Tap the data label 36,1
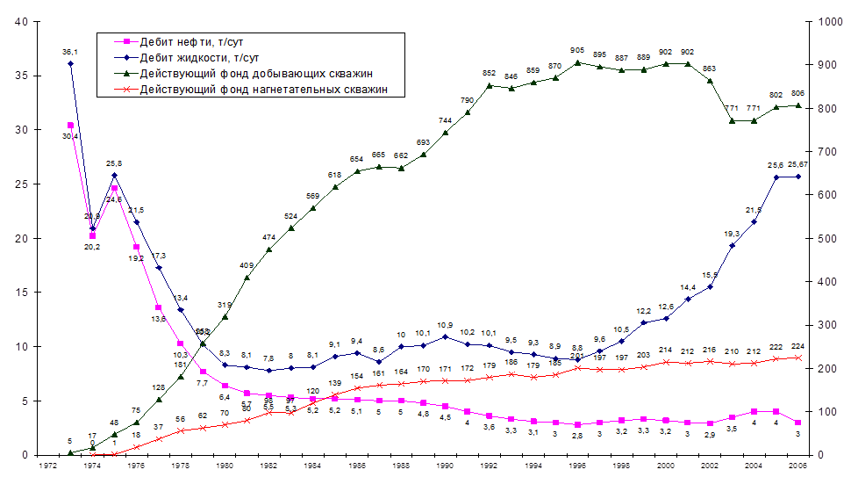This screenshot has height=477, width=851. [70, 53]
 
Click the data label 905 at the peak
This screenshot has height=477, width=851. [576, 51]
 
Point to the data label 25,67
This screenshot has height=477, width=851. [797, 165]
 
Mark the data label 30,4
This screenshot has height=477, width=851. [70, 135]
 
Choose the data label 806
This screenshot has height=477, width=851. [797, 93]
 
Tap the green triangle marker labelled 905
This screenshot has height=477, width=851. [576, 62]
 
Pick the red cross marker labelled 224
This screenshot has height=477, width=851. [797, 358]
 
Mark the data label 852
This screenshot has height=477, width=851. [489, 73]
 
